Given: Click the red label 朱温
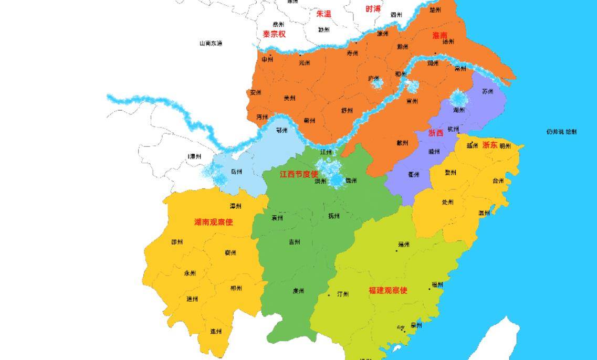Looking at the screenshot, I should tap(323, 14).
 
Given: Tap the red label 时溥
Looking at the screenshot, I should tap(373, 9).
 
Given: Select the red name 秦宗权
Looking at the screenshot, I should tap(274, 34).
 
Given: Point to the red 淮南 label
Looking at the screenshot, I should tap(439, 36).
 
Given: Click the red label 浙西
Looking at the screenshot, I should tap(435, 133).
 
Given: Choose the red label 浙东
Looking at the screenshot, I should tap(489, 145).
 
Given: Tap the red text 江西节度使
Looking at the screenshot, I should tap(298, 174).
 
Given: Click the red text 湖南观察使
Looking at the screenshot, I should tap(213, 223).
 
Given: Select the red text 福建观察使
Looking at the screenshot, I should tap(387, 290).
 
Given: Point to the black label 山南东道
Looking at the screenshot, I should tap(211, 44).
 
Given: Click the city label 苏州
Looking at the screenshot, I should tap(487, 91).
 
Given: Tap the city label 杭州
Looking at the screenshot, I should tap(453, 129).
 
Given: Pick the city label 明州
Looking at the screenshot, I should tap(505, 146).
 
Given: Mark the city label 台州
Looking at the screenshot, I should tap(498, 181).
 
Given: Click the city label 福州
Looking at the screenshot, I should tap(437, 285).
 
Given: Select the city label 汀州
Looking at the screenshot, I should tap(342, 294).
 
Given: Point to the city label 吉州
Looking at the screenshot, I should tap(294, 242).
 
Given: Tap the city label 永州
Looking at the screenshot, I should tap(190, 273).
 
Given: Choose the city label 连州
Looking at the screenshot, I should tap(216, 332).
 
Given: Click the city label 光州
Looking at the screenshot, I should tap(304, 63).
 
